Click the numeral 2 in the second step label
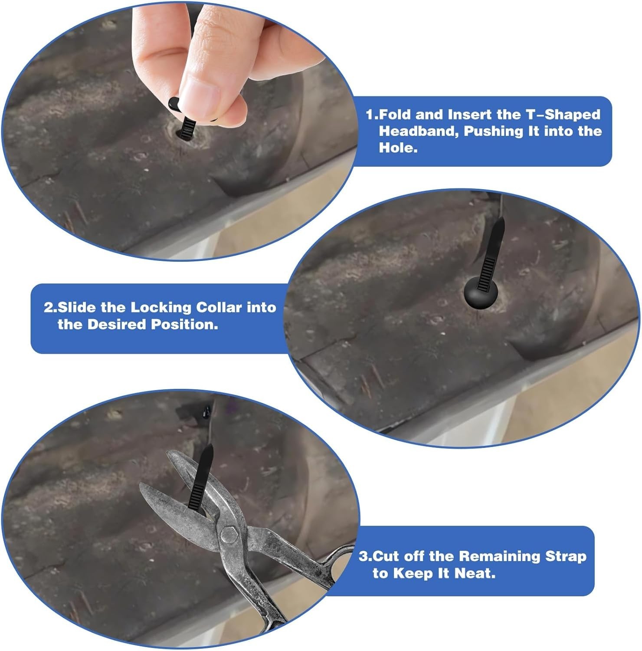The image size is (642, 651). [48, 308]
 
